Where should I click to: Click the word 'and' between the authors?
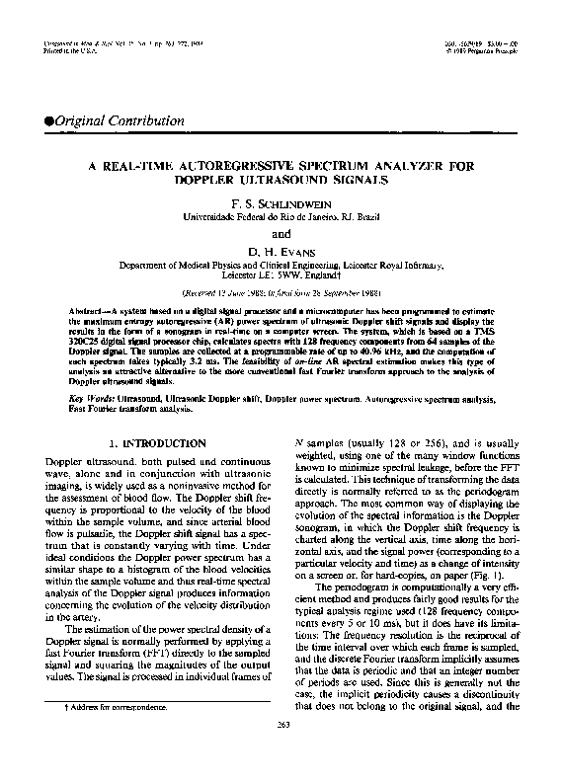tap(281, 235)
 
